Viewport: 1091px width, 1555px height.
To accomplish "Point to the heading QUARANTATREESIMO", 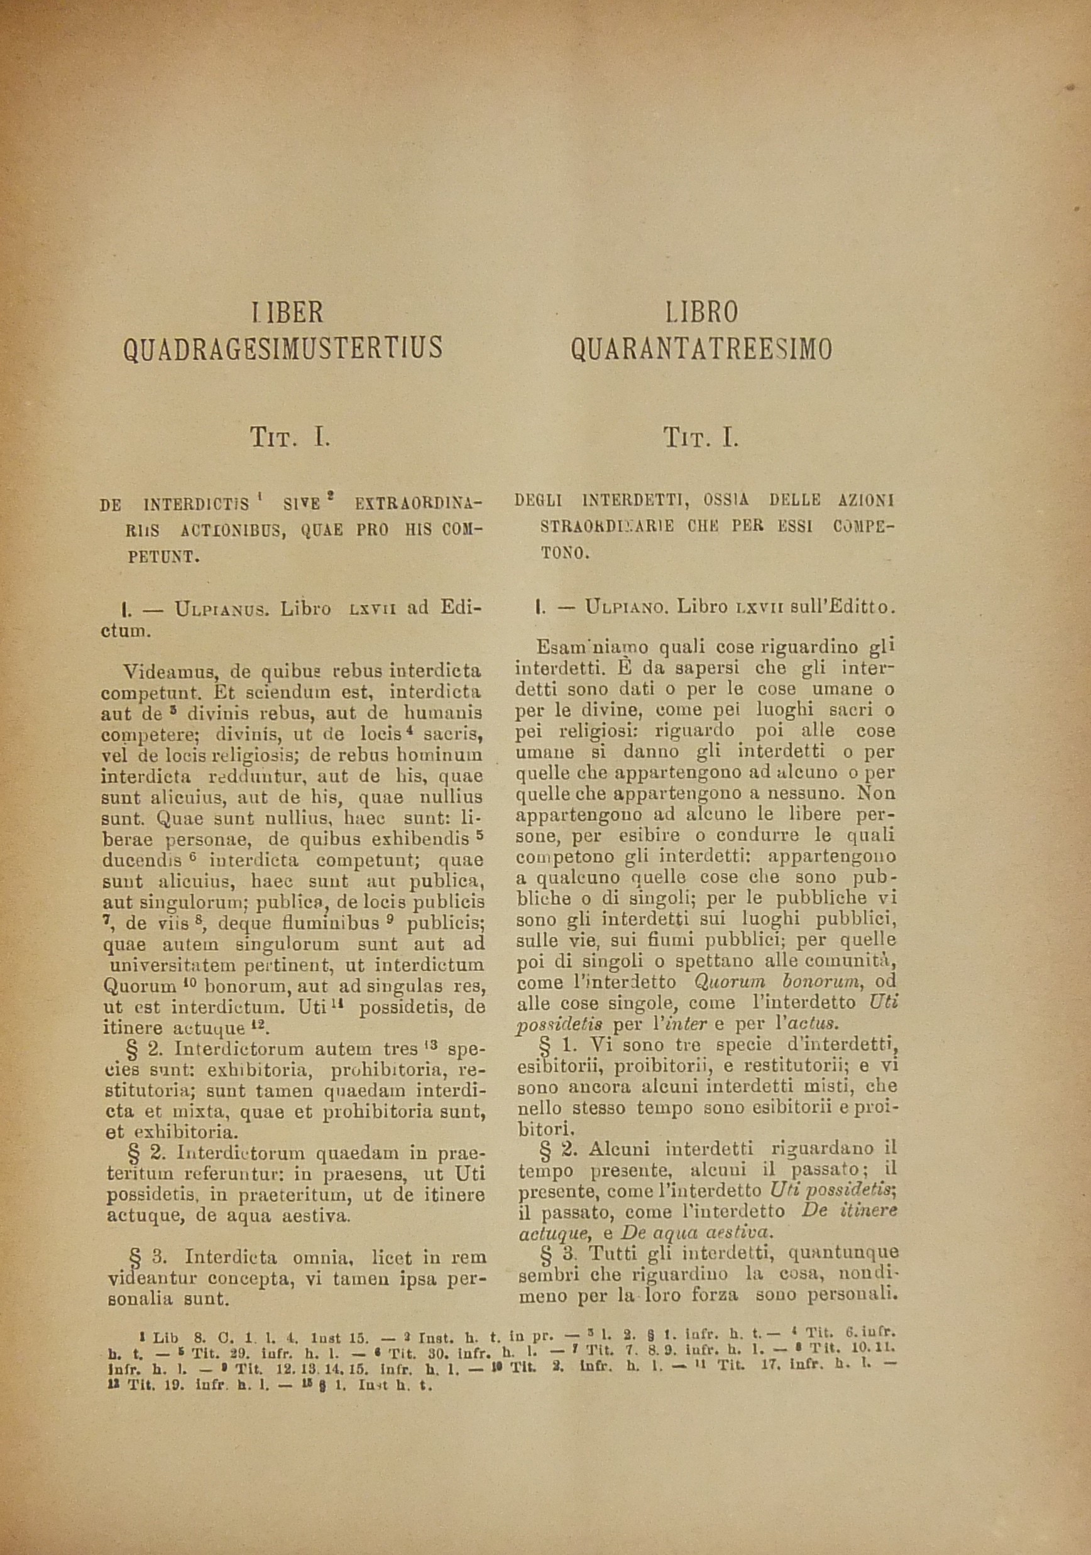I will (x=701, y=349).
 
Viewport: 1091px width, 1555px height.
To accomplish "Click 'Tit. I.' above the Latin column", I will (x=290, y=438).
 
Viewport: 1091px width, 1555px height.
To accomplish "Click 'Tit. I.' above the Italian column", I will (x=701, y=438).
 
